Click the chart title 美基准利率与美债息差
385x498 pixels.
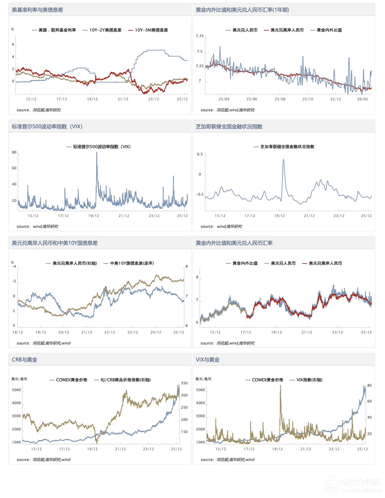coord(37,10)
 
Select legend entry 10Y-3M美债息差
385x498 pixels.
coord(151,30)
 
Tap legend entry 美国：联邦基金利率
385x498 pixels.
coord(57,30)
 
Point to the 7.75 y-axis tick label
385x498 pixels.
coord(200,36)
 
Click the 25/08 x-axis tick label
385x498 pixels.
coord(280,99)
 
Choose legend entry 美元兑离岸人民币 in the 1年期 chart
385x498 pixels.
coord(287,30)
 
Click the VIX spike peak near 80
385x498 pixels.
coord(97,153)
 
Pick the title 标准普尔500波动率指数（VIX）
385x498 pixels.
coord(47,127)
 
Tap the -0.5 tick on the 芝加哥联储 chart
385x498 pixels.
coord(200,194)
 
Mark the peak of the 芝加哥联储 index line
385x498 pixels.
coord(284,160)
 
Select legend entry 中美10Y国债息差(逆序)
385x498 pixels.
coord(132,263)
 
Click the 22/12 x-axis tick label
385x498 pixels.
coord(110,332)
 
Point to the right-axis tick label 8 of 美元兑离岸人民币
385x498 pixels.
coord(187,267)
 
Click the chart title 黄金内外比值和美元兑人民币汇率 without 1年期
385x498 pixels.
coord(234,243)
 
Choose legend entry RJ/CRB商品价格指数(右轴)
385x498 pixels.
coord(126,380)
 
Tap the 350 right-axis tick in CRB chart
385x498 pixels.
coord(184,383)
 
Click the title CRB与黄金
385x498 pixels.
coord(25,360)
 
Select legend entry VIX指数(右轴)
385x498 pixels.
coord(309,380)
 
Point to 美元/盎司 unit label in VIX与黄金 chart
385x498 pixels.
coord(203,379)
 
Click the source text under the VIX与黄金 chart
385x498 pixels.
coord(227,460)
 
